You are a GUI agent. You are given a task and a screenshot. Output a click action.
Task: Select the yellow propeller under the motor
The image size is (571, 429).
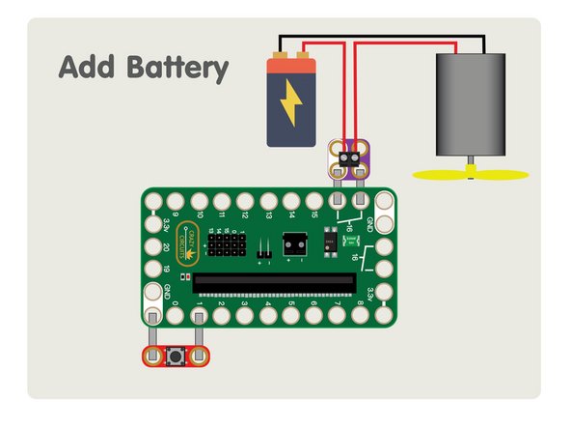(471, 175)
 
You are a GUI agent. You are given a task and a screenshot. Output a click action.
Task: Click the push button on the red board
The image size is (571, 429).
(177, 357)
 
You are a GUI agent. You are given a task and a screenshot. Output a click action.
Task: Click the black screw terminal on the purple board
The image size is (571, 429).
(349, 152)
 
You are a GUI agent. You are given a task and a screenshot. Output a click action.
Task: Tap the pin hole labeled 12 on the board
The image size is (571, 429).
(245, 203)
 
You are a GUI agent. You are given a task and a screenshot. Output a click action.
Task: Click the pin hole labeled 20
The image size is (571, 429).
(153, 248)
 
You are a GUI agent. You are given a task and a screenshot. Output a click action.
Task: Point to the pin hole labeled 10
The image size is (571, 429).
(199, 203)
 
